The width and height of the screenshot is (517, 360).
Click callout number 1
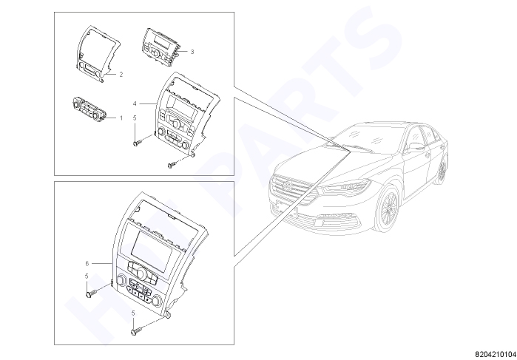pyautogui.click(x=121, y=118)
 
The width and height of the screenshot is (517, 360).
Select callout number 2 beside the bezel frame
pyautogui.click(x=121, y=75)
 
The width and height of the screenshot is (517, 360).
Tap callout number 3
pyautogui.click(x=192, y=52)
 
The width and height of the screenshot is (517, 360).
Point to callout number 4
pyautogui.click(x=135, y=103)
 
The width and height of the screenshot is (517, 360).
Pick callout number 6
pyautogui.click(x=87, y=263)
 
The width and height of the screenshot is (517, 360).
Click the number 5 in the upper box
pyautogui.click(x=135, y=118)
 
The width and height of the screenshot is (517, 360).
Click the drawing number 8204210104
pyautogui.click(x=496, y=354)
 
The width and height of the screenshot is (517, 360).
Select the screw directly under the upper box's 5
pyautogui.click(x=138, y=143)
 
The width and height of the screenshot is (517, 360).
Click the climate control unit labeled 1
pyautogui.click(x=89, y=108)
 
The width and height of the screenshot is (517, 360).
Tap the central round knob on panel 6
pyautogui.click(x=141, y=274)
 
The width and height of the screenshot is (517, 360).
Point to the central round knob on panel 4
pyautogui.click(x=176, y=123)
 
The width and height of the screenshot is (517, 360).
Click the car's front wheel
pyautogui.click(x=388, y=208)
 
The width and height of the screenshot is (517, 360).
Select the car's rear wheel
pyautogui.click(x=442, y=170)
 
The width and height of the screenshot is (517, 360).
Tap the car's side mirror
pyautogui.click(x=415, y=146)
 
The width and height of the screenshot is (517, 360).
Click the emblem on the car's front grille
pyautogui.click(x=288, y=186)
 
